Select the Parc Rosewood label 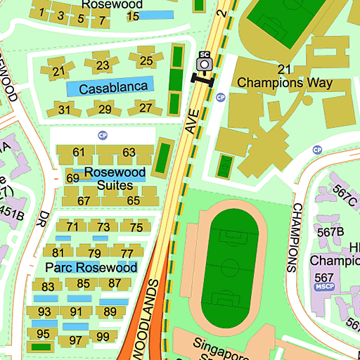[x=91, y=268]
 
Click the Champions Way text [x=284, y=82]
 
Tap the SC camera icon [x=205, y=62]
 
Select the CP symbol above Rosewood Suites [x=103, y=135]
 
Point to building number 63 [x=129, y=153]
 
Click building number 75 [x=136, y=227]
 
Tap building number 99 [x=103, y=337]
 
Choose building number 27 [x=146, y=108]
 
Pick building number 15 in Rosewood [x=132, y=16]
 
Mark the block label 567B [x=330, y=231]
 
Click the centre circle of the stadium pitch [x=229, y=267]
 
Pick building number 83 [x=48, y=287]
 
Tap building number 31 [x=65, y=109]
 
